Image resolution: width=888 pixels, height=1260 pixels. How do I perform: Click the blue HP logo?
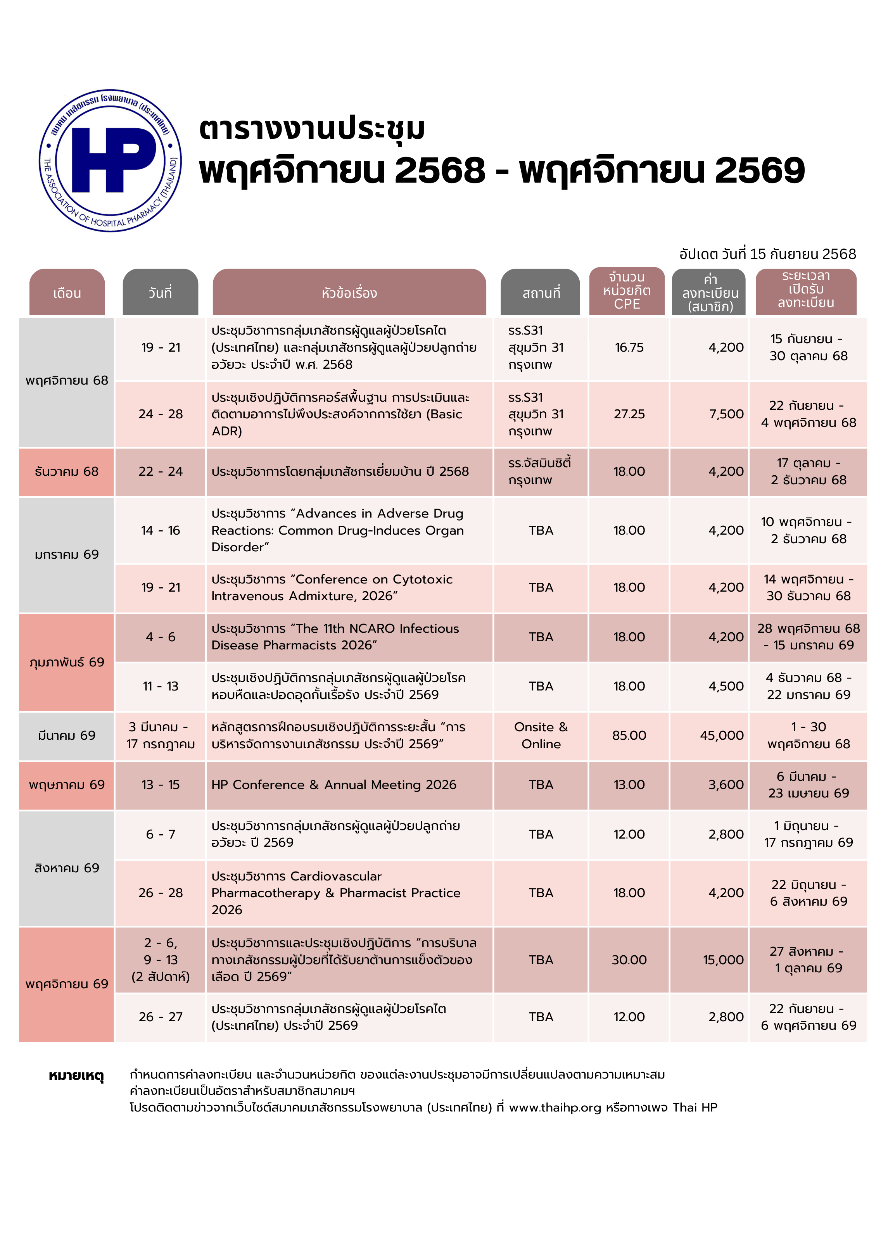(110, 160)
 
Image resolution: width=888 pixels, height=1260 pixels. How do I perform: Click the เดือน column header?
(67, 293)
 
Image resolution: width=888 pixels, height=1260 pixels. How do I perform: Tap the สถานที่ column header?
(541, 293)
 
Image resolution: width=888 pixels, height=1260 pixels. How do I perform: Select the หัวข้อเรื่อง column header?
(349, 293)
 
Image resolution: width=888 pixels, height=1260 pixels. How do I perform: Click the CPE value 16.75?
(629, 347)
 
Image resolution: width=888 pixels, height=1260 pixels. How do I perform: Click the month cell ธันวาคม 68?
(66, 471)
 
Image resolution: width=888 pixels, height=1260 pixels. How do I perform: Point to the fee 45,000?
(721, 735)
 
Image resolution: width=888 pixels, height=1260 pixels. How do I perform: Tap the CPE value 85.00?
(629, 735)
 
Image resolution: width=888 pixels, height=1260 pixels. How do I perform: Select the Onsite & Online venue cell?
(541, 735)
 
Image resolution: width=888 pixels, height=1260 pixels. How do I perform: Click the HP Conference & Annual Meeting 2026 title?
(334, 785)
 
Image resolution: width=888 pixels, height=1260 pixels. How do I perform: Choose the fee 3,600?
(726, 785)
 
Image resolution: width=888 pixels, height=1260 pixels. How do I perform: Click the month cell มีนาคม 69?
(66, 735)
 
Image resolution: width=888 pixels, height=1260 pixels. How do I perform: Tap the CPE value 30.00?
(629, 960)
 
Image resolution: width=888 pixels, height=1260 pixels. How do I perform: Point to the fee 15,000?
(723, 960)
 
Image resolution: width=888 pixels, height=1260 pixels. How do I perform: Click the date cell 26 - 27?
(160, 1017)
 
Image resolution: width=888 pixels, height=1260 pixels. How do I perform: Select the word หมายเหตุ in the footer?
(76, 1075)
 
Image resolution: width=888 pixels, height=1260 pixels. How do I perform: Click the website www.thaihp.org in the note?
(555, 1107)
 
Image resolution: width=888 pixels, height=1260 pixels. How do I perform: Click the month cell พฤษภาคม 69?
(66, 785)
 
